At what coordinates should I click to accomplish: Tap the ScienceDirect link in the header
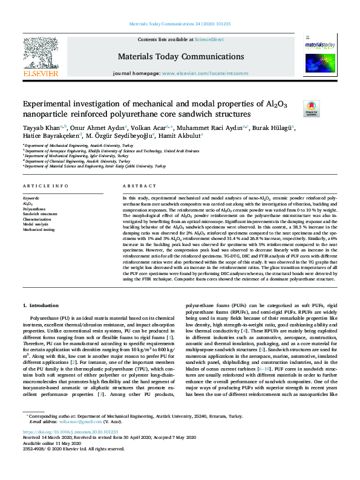(210, 40)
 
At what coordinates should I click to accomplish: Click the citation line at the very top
(180, 25)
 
